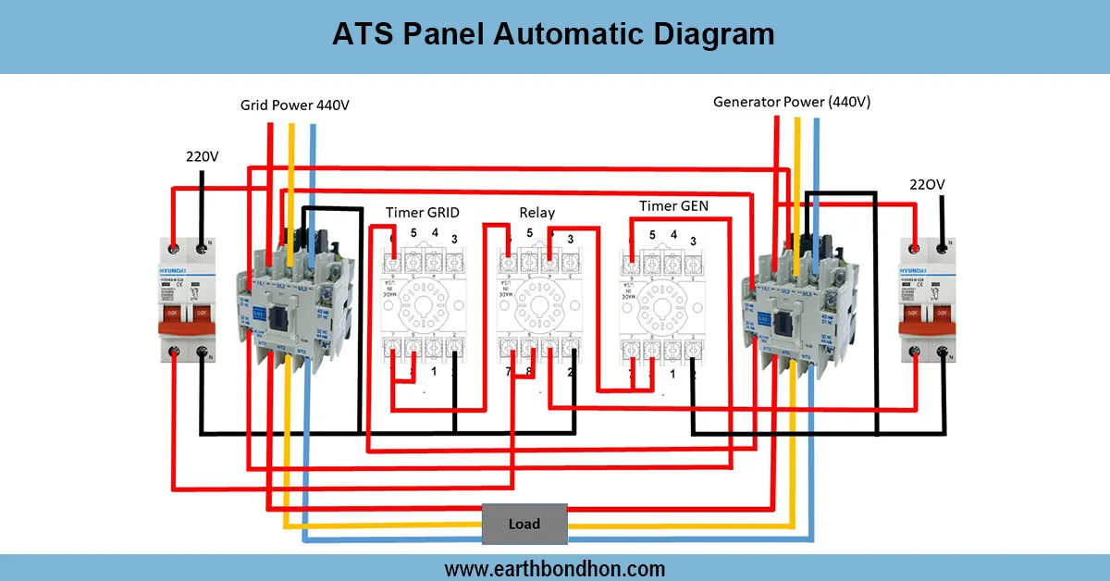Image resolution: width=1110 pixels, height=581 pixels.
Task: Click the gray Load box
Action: pyautogui.click(x=524, y=524)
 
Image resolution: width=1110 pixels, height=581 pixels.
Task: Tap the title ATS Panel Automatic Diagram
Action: pyautogui.click(x=554, y=34)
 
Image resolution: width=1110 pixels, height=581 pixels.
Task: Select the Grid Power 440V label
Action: pyautogui.click(x=295, y=105)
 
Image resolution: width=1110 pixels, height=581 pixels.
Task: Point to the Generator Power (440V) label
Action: pyautogui.click(x=792, y=102)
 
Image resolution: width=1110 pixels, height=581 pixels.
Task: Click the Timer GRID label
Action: pyautogui.click(x=423, y=213)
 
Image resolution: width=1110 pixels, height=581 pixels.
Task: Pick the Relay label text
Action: pyautogui.click(x=536, y=213)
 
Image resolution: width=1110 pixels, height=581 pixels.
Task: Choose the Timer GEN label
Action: pyautogui.click(x=673, y=205)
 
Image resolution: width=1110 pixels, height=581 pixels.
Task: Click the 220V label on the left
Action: pyautogui.click(x=202, y=156)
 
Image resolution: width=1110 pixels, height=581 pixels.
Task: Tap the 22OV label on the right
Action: pyautogui.click(x=927, y=185)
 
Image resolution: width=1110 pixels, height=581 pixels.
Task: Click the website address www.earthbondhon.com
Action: pyautogui.click(x=554, y=569)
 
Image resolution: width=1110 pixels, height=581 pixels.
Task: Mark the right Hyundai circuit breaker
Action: pyautogui.click(x=928, y=302)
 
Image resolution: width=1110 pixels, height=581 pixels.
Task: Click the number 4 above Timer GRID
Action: pyautogui.click(x=435, y=232)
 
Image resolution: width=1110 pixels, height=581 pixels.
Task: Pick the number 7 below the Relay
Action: pyautogui.click(x=508, y=372)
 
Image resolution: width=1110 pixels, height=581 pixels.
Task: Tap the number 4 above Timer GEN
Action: pyautogui.click(x=673, y=234)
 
